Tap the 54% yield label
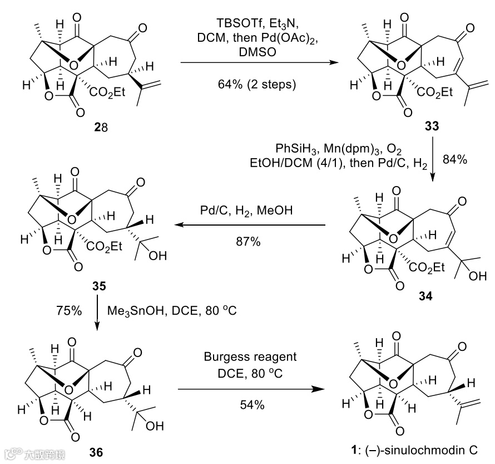click(x=253, y=405)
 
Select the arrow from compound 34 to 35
click(x=249, y=226)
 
